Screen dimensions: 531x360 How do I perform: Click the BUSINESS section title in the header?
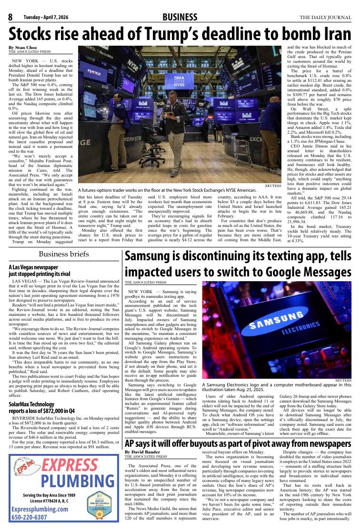(x=180, y=18)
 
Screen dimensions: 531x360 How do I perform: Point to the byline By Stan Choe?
(x=23, y=48)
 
